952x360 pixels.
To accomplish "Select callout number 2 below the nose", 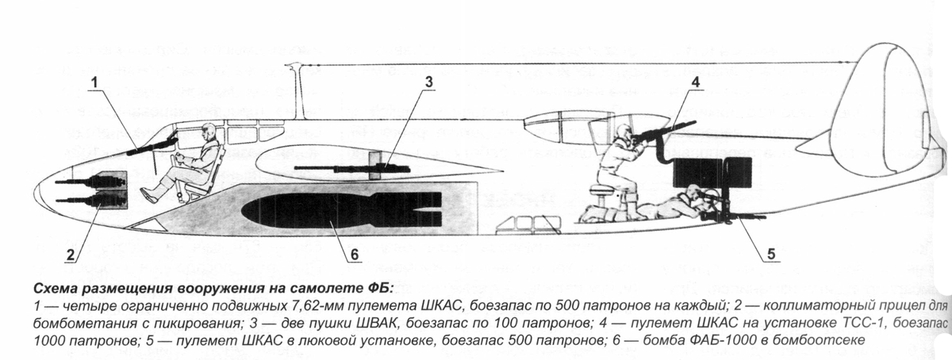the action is [71, 255].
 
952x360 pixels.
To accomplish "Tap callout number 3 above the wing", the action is [430, 82].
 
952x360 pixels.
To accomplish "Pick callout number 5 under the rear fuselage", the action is [771, 255].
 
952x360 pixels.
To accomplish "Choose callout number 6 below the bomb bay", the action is [355, 255].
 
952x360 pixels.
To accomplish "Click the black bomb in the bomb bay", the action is [341, 209].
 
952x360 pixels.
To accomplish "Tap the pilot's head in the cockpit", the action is [209, 131].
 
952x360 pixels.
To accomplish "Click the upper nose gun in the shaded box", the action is [91, 182].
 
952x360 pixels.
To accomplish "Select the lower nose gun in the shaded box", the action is [91, 199].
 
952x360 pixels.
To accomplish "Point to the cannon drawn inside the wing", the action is [352, 168].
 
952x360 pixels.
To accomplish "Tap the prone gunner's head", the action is [692, 193].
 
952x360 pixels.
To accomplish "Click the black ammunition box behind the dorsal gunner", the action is [698, 174].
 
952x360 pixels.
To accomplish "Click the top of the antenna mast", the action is [294, 65].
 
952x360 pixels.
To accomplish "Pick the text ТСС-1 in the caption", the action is [863, 323].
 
